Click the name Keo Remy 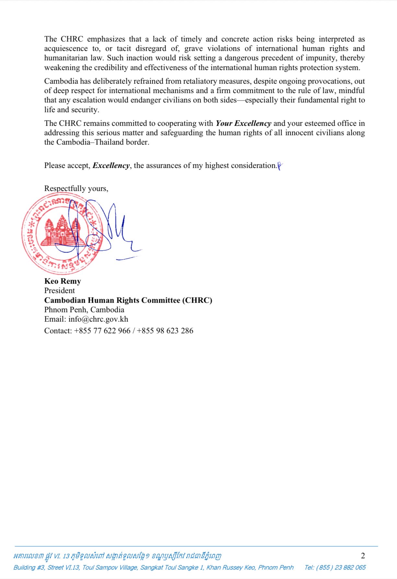(63, 281)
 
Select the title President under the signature (59, 290)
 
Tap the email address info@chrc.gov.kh (98, 319)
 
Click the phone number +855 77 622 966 (102, 331)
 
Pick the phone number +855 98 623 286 (165, 331)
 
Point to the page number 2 (363, 556)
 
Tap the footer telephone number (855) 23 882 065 (335, 567)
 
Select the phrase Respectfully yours (76, 188)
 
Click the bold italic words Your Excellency (243, 124)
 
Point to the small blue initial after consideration (280, 166)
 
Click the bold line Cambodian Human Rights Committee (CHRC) (128, 300)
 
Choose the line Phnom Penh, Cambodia (84, 310)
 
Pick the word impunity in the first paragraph (320, 58)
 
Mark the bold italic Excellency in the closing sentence (111, 166)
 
